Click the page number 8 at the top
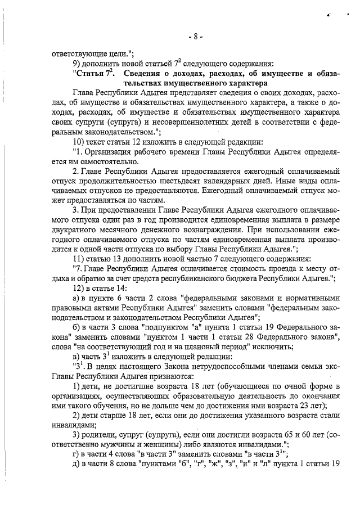195,38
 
